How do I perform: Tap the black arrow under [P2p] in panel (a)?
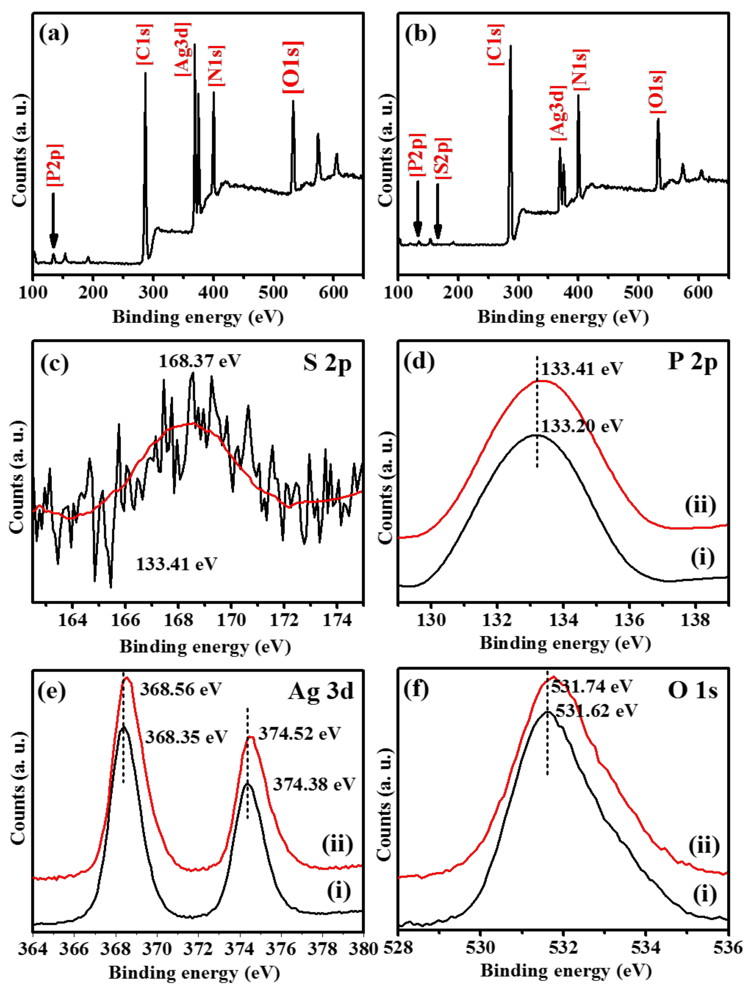54,220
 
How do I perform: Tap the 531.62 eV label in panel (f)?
596,711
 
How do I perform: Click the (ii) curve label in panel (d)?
700,506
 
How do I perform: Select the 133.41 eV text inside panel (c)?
177,564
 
